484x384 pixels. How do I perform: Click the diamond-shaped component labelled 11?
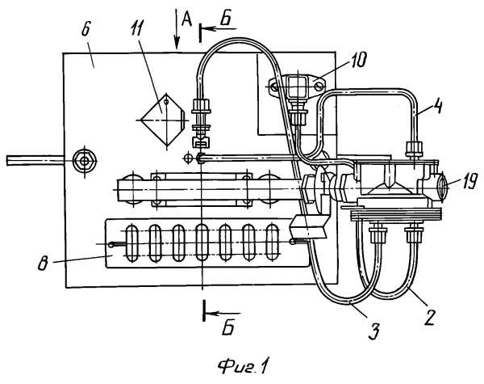pos(161,119)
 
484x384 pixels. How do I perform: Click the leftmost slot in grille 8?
pos(133,243)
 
